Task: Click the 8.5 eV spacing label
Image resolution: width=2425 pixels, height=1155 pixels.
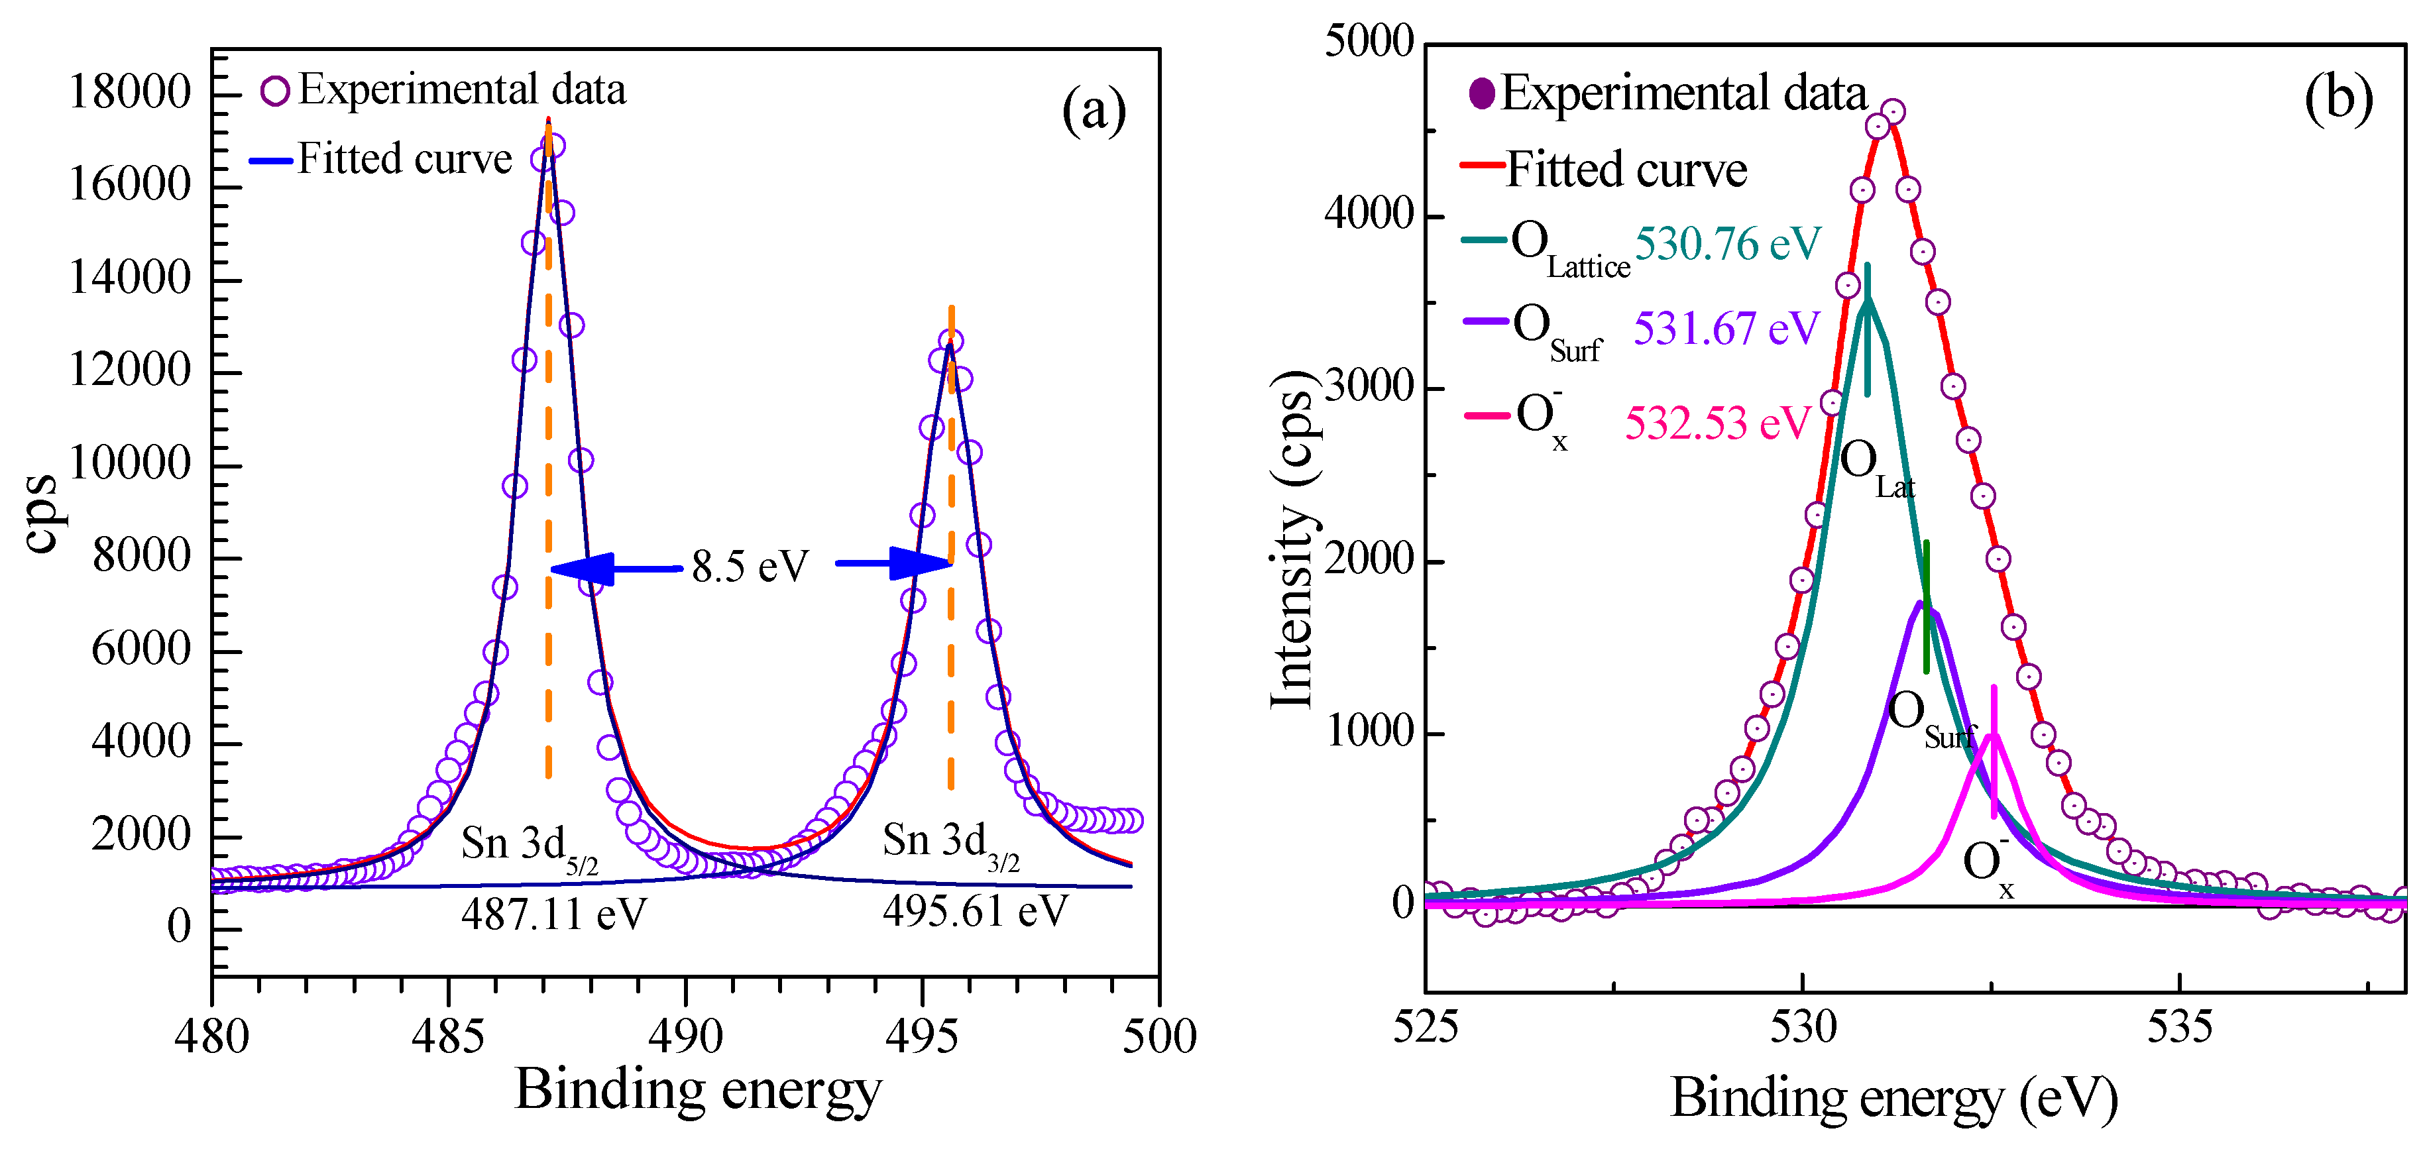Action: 750,567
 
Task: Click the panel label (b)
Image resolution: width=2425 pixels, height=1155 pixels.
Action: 2338,98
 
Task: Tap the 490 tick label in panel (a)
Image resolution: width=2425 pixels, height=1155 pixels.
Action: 685,1036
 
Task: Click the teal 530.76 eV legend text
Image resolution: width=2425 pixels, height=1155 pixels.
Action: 1727,245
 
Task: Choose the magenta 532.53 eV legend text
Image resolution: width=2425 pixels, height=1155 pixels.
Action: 1717,423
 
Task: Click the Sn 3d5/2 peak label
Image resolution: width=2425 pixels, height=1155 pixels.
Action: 529,846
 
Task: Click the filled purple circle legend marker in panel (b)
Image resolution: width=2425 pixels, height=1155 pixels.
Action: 1482,93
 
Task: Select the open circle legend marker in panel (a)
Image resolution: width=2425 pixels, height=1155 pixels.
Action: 274,91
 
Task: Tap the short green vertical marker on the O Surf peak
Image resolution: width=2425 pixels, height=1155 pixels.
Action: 1926,606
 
